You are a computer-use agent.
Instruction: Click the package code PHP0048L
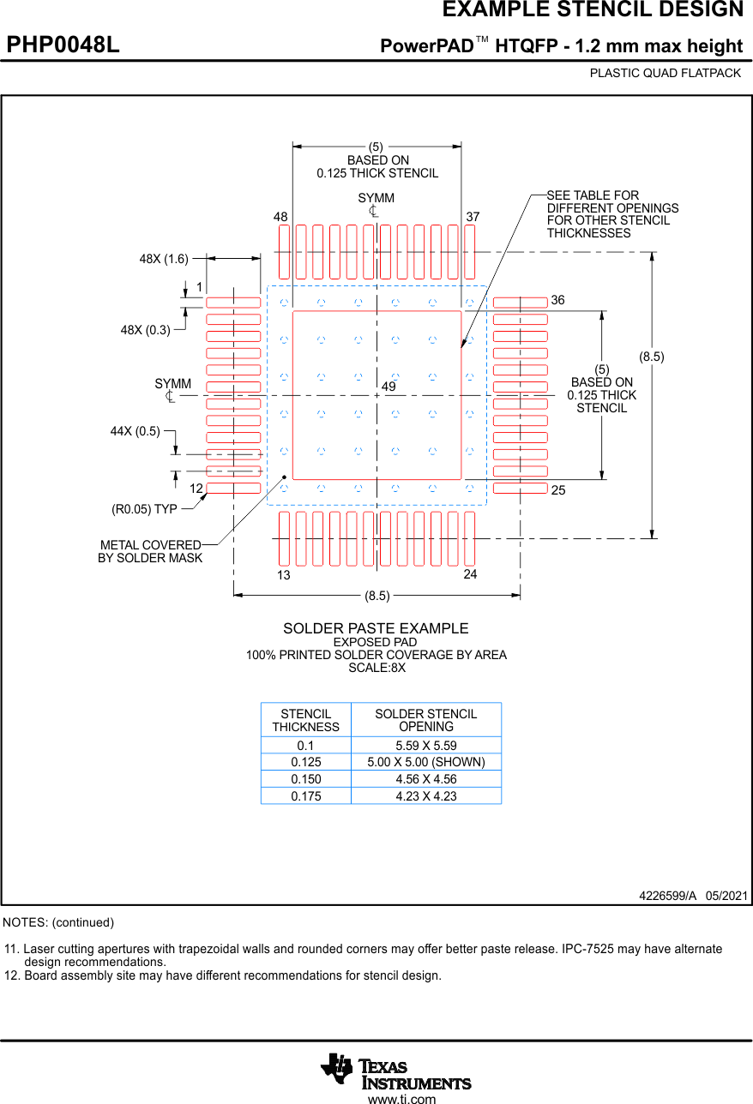coord(63,45)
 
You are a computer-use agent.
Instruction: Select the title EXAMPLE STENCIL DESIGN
coord(593,10)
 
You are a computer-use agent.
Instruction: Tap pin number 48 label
coord(280,218)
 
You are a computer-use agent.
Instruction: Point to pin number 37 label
coord(473,217)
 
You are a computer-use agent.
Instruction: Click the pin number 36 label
coord(558,300)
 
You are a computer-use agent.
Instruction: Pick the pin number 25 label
coord(558,490)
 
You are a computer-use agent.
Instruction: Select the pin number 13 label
coord(284,575)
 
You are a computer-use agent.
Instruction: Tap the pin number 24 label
coord(470,574)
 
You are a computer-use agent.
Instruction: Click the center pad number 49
coord(389,387)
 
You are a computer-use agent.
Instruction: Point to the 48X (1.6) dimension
coord(164,258)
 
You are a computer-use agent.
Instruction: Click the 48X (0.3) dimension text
coord(145,329)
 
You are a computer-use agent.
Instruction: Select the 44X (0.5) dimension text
coord(135,431)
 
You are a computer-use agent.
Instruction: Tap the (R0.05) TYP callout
coord(144,509)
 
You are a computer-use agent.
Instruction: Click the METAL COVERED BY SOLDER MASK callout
coord(150,551)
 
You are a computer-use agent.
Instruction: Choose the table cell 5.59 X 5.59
coord(425,746)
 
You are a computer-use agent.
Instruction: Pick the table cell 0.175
coord(306,796)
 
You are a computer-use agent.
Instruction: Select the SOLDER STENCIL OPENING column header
coord(425,720)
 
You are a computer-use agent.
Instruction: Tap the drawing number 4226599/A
coord(667,896)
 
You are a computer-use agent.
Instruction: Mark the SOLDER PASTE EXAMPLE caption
coord(376,628)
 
